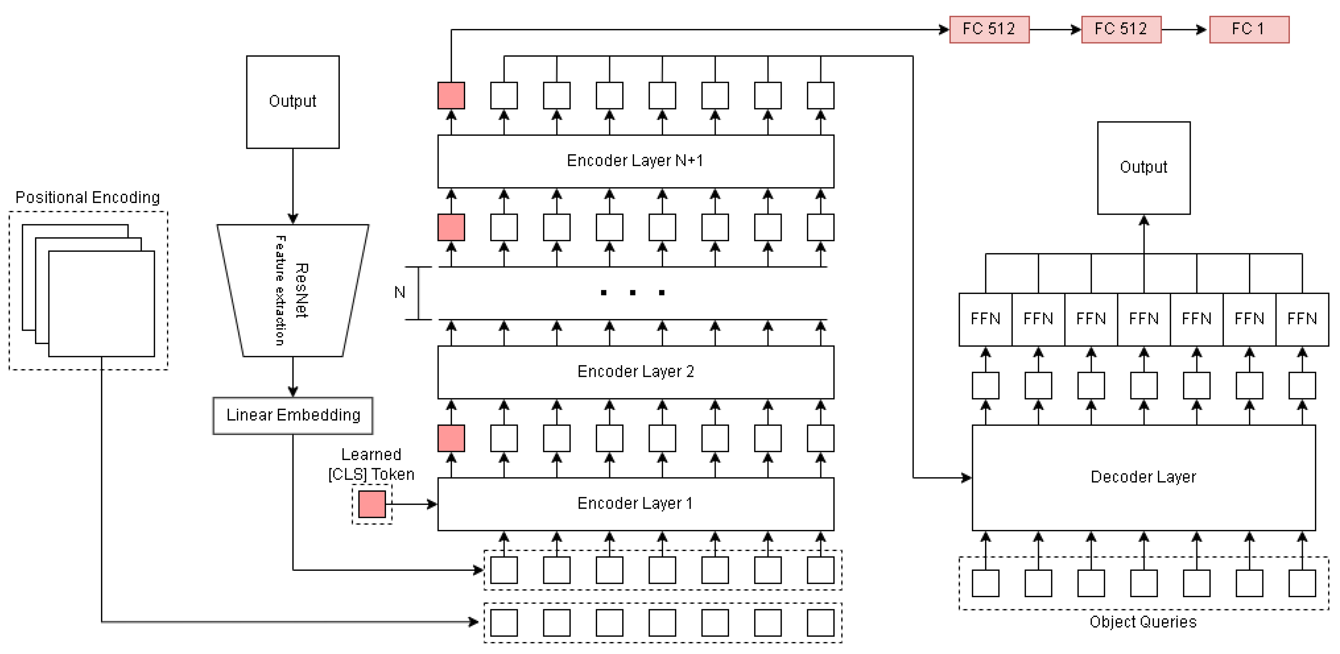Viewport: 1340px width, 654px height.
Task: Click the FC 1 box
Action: (1249, 29)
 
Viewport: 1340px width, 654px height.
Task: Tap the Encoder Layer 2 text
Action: (635, 372)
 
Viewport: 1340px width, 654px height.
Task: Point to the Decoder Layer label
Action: (1143, 477)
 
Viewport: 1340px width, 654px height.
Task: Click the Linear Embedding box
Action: (293, 415)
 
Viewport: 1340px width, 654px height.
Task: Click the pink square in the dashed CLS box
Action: (372, 504)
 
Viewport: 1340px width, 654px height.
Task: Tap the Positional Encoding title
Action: (88, 197)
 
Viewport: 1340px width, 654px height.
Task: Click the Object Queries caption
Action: (1143, 622)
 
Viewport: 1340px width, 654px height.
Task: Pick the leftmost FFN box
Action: (985, 319)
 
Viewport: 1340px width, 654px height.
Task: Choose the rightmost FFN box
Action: (1302, 319)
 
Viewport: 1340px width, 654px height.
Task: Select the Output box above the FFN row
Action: (1143, 167)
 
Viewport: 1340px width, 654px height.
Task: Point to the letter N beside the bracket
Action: (399, 292)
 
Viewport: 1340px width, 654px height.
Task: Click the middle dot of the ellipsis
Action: (632, 293)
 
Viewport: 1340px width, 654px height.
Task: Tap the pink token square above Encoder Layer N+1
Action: (451, 96)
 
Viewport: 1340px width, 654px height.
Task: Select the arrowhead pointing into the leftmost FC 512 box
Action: (944, 30)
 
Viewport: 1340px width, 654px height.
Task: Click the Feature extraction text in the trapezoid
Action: (280, 290)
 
